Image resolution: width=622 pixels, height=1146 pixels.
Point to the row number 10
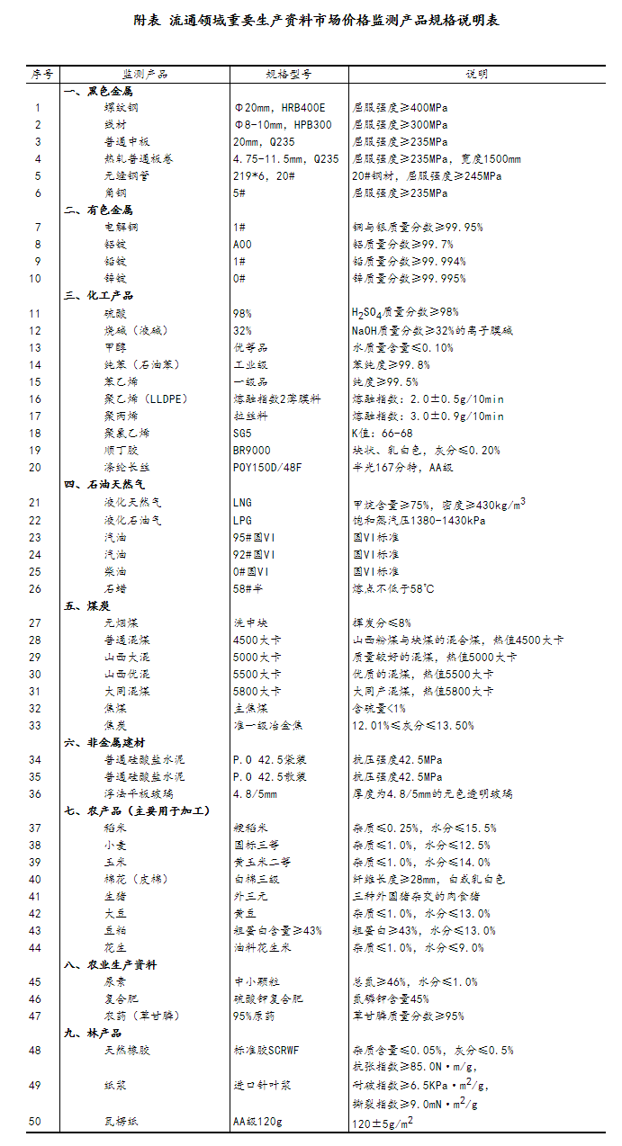pos(36,279)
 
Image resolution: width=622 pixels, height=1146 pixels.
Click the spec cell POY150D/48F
pos(268,467)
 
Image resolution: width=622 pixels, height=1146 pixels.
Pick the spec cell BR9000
pos(253,450)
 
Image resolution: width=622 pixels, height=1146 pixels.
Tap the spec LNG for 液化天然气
pos(242,503)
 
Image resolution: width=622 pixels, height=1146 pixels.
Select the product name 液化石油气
pos(133,520)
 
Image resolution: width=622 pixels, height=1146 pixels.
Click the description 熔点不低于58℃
pos(393,588)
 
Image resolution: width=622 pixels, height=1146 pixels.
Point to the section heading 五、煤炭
pos(86,605)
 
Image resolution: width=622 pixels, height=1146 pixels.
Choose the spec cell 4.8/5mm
pos(256,793)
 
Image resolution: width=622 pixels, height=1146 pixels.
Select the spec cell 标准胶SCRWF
pos(267,1050)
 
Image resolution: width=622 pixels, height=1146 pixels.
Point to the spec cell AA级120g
pos(257,1122)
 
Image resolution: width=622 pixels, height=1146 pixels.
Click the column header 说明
pos(477,74)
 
